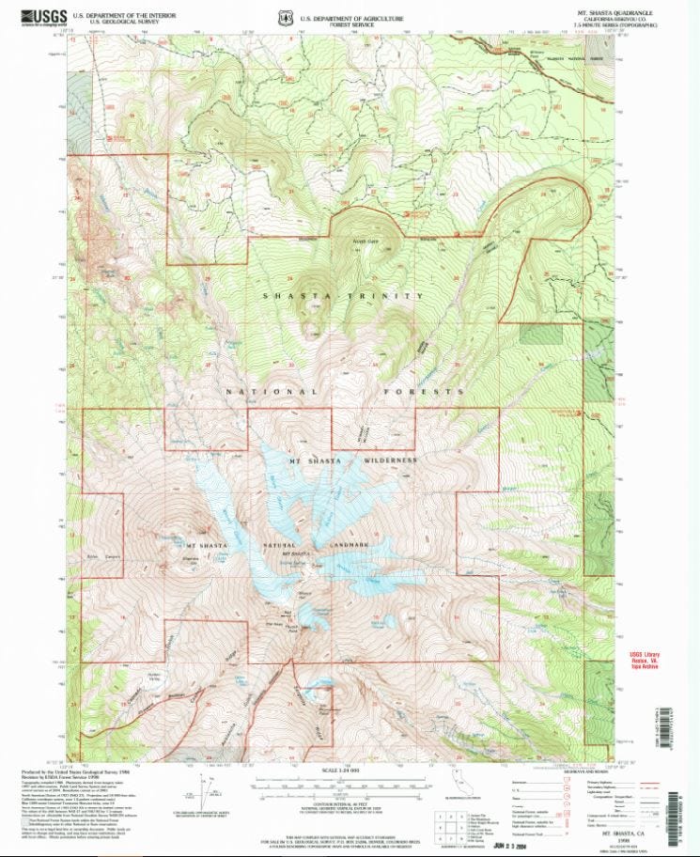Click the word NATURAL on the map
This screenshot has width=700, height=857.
click(x=281, y=546)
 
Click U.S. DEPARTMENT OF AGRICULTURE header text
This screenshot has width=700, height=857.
click(x=351, y=18)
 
